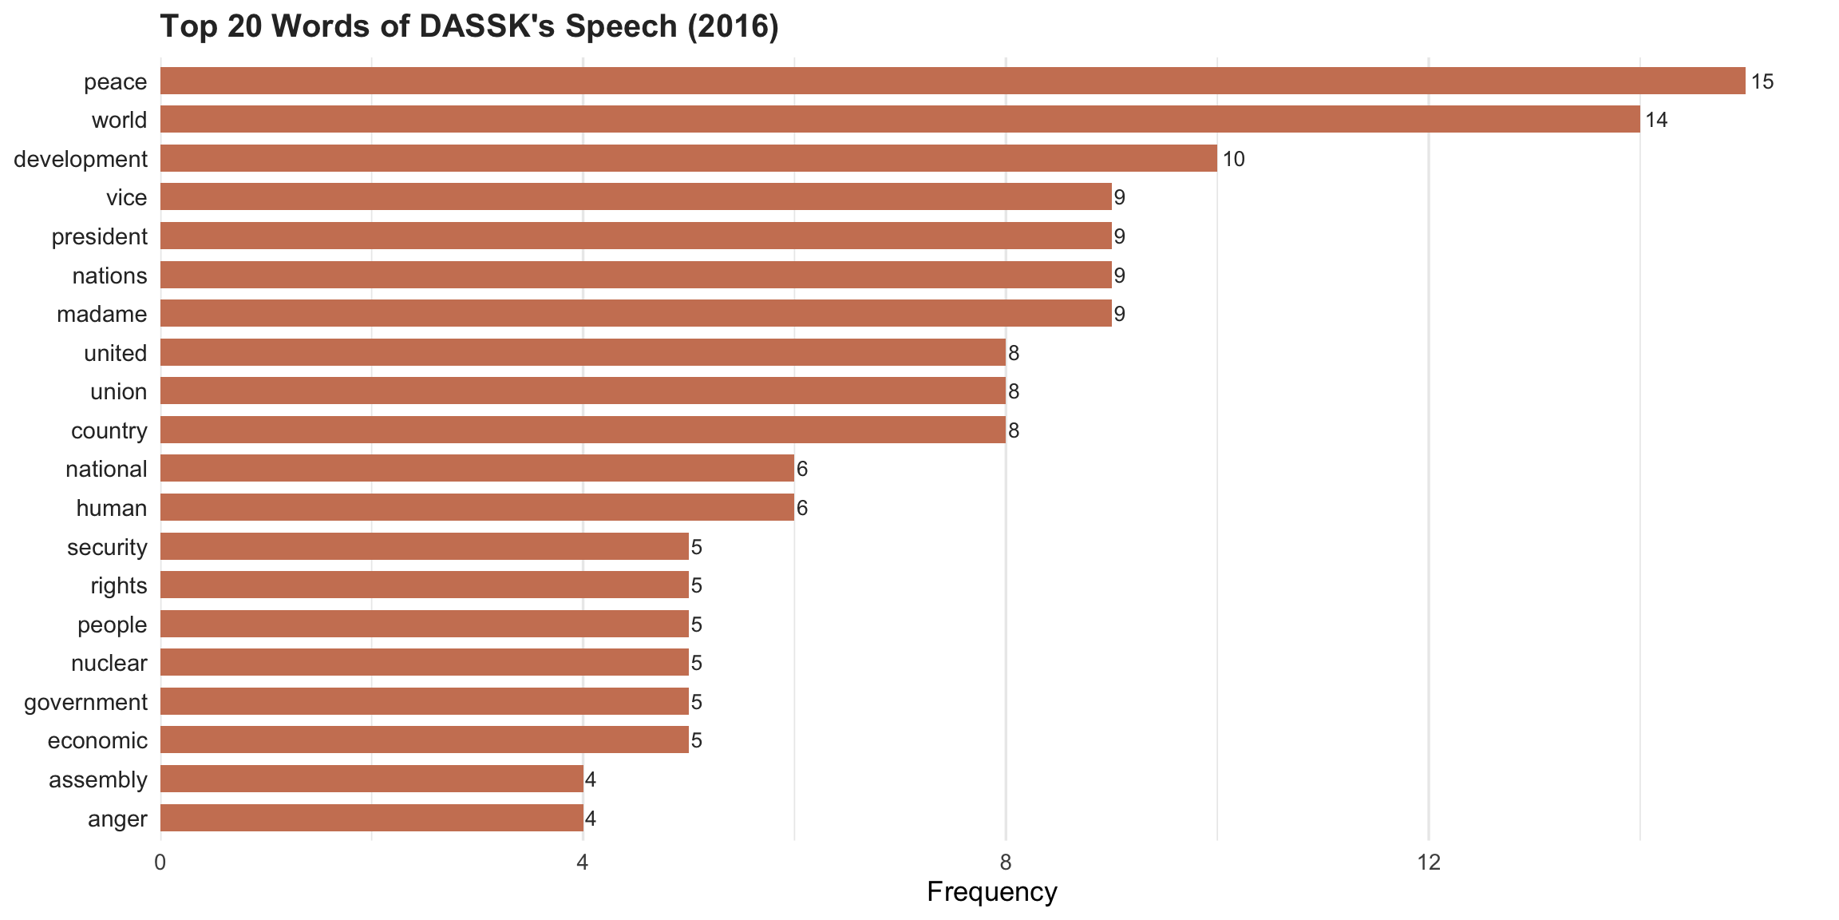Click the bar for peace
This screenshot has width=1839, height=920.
pyautogui.click(x=952, y=81)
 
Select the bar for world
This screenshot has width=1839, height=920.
pyautogui.click(x=900, y=120)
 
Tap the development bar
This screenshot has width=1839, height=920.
pyautogui.click(x=688, y=158)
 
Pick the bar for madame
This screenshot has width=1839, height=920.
pyautogui.click(x=635, y=314)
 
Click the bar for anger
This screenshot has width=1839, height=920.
pyautogui.click(x=371, y=818)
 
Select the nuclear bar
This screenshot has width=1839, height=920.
pyautogui.click(x=424, y=663)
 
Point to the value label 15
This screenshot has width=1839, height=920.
pyautogui.click(x=1762, y=81)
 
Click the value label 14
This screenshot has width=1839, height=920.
pyautogui.click(x=1656, y=121)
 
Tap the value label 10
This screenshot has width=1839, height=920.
pyautogui.click(x=1233, y=159)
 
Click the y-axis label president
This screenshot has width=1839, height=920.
pyautogui.click(x=99, y=237)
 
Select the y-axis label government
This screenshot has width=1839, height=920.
pyautogui.click(x=85, y=703)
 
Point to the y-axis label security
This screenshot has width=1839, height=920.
pyautogui.click(x=107, y=548)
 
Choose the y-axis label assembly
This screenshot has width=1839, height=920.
pyautogui.click(x=97, y=780)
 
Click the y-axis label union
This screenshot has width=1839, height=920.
pyautogui.click(x=118, y=392)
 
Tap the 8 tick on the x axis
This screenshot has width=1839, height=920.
pyautogui.click(x=1006, y=862)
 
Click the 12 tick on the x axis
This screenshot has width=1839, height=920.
pyautogui.click(x=1428, y=862)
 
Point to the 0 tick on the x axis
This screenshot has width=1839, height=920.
pyautogui.click(x=160, y=862)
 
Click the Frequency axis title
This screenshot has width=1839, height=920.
pyautogui.click(x=991, y=892)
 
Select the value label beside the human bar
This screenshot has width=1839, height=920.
pyautogui.click(x=802, y=509)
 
